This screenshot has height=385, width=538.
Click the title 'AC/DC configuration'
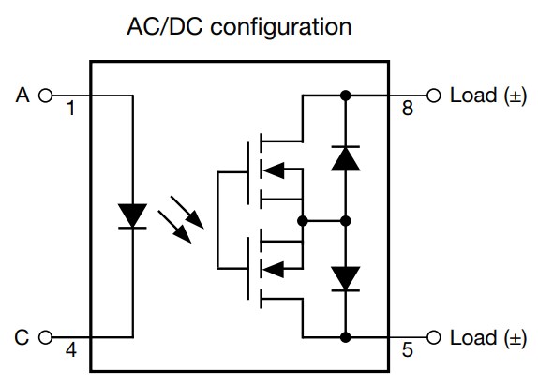tap(239, 26)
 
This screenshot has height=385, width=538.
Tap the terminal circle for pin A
tap(45, 95)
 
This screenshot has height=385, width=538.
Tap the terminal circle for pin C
tap(45, 336)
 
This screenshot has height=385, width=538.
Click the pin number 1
tap(69, 110)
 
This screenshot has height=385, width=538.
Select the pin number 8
tap(407, 110)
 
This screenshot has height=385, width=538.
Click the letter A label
tap(23, 95)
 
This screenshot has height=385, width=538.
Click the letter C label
tap(23, 336)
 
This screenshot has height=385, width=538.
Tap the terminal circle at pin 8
tap(433, 95)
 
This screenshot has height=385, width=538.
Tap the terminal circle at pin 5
tap(433, 336)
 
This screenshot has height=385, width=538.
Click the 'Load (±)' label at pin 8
tap(487, 95)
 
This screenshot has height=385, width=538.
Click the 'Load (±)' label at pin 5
tap(487, 336)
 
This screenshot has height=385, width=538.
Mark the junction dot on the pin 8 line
tap(345, 95)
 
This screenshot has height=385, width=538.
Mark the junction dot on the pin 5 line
tap(345, 336)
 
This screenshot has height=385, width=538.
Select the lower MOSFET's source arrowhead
tap(272, 270)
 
